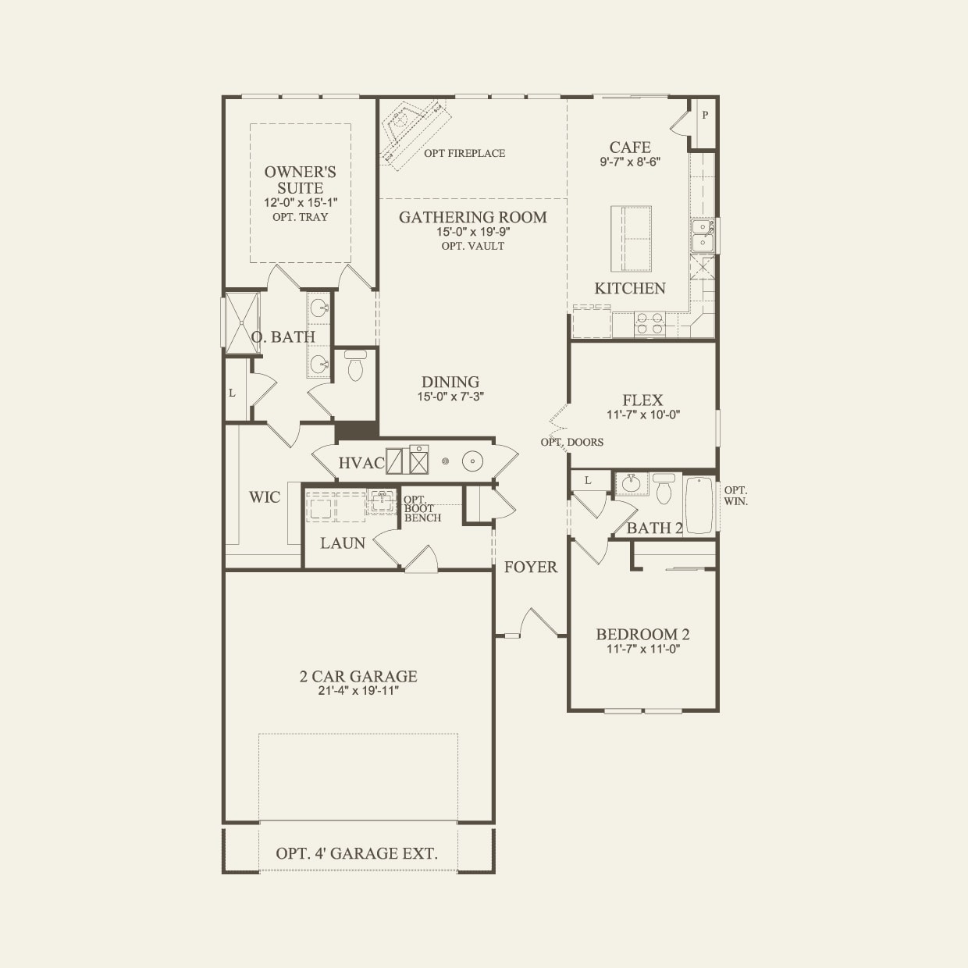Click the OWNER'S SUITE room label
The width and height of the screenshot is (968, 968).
(300, 180)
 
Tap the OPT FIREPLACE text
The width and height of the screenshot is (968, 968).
(464, 153)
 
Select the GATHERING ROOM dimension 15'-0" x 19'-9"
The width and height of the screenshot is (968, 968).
(472, 232)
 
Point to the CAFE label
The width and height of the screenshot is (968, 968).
(630, 148)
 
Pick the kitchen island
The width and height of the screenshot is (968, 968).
(631, 237)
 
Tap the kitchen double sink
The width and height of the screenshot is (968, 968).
(703, 235)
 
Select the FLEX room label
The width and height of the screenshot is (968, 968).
(642, 400)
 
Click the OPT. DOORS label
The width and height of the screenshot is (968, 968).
(572, 442)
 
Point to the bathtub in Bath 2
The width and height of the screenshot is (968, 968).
(699, 504)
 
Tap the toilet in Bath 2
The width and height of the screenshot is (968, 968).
(664, 489)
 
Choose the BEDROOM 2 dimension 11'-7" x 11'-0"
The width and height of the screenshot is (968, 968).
(642, 649)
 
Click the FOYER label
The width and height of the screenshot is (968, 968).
(531, 567)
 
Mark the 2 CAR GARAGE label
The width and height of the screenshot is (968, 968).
(358, 676)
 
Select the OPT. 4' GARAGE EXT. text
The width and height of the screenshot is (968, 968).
(357, 853)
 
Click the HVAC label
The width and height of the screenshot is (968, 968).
(361, 463)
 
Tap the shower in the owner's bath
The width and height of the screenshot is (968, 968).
(242, 322)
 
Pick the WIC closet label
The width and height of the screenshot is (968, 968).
(264, 497)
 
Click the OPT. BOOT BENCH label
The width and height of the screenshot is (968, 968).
(422, 509)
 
